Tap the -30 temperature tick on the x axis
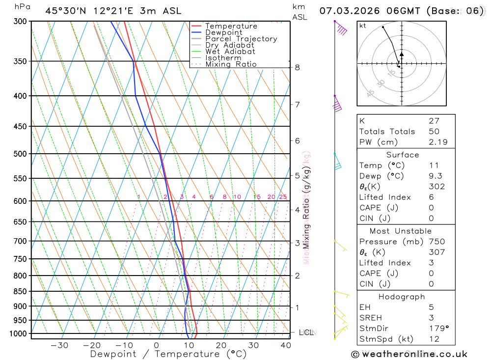(x=59, y=345)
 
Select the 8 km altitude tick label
(x=297, y=67)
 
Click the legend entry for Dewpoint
(x=224, y=32)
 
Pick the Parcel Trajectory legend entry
(x=241, y=39)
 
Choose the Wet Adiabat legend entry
(x=230, y=52)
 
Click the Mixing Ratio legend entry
(x=231, y=64)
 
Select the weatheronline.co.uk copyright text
(x=409, y=354)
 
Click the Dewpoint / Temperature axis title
(x=162, y=354)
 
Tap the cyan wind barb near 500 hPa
(x=337, y=163)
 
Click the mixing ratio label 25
(x=283, y=197)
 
